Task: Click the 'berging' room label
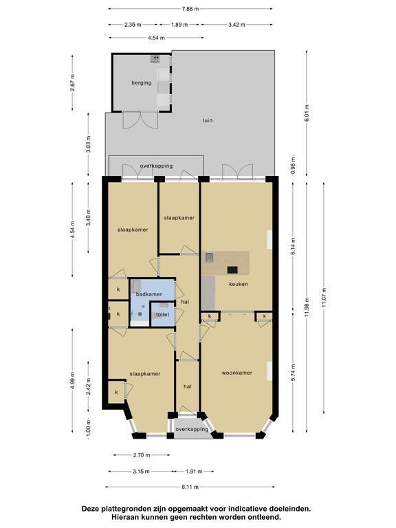tap(142, 82)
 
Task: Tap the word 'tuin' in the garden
tap(208, 120)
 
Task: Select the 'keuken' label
tap(239, 284)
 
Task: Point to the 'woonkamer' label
tap(237, 373)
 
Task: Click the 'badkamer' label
tap(148, 294)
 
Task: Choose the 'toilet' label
tap(162, 315)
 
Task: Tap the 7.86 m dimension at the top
tap(190, 9)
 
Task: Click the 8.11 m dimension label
tap(190, 487)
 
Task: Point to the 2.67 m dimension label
tap(73, 82)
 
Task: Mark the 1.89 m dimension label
tap(179, 25)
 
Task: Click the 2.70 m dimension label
tap(142, 455)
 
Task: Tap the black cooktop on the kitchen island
tap(232, 269)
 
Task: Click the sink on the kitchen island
tap(210, 257)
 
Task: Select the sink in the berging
tap(155, 59)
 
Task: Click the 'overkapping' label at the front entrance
tap(192, 429)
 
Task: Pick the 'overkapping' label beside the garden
tap(156, 166)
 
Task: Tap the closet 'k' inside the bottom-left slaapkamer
tap(116, 393)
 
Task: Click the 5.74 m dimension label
tap(294, 373)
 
